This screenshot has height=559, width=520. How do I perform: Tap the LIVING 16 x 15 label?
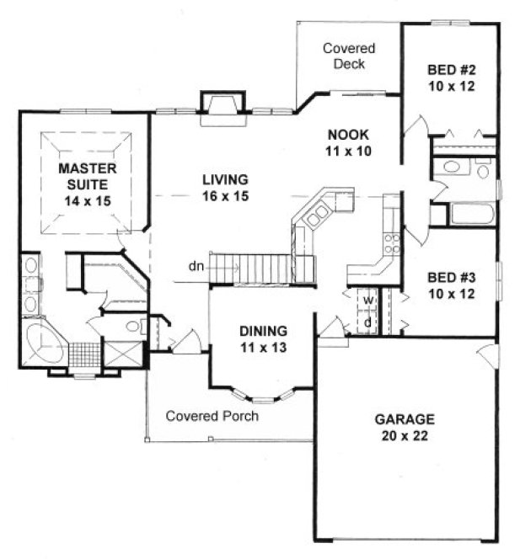click(224, 187)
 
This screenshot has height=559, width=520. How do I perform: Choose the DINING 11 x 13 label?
click(263, 338)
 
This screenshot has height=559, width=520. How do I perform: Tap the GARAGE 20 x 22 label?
click(405, 427)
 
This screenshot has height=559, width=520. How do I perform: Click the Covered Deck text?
click(348, 56)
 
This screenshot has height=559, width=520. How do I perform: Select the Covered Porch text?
click(212, 415)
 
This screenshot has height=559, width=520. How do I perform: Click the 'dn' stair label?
click(196, 267)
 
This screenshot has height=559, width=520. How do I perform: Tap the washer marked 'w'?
click(368, 301)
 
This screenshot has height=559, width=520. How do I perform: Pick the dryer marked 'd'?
click(368, 321)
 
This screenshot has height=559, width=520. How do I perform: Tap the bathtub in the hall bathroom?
click(474, 213)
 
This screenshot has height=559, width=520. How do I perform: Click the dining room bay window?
click(264, 397)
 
